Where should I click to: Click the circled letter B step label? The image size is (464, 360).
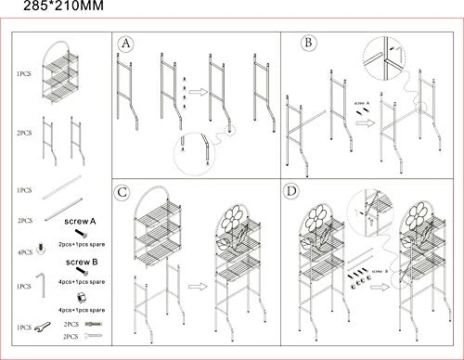click(x=308, y=42)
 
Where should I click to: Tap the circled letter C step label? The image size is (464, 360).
click(x=123, y=193)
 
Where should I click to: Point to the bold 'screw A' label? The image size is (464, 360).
click(x=82, y=223)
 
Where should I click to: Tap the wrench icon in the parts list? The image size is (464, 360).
click(x=43, y=326)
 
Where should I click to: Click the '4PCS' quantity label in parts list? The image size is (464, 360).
click(x=23, y=251)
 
